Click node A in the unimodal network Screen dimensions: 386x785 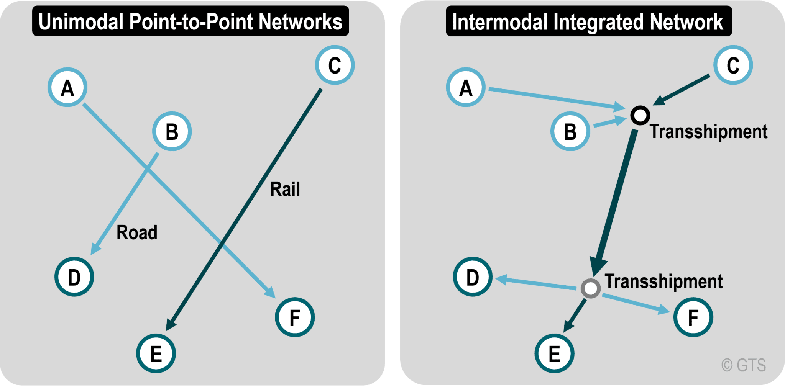67,87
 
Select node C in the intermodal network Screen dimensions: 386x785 733,65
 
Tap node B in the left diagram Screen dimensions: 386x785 172,131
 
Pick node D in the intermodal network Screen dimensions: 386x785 473,276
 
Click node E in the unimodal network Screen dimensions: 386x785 156,353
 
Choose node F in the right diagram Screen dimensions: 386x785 693,317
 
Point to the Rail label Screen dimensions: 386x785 285,189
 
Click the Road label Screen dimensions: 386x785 137,232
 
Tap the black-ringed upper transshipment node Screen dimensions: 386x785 640,115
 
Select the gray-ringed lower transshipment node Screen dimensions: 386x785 590,288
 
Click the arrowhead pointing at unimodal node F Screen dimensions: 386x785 271,293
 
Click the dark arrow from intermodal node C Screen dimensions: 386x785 682,90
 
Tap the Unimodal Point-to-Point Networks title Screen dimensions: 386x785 191,21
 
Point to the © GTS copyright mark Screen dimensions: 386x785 744,365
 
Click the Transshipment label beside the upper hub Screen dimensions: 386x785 708,132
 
